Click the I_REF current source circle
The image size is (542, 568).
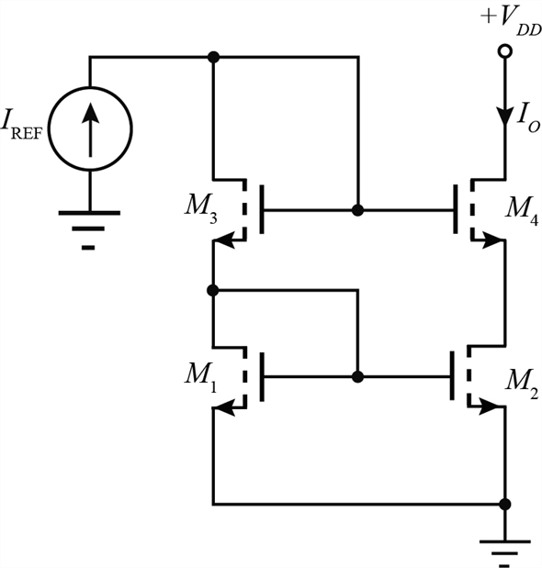49,129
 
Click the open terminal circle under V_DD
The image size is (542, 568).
504,51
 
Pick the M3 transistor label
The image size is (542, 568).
200,209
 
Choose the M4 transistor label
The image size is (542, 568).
522,210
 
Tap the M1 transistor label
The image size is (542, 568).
200,377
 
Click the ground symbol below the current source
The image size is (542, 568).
89,229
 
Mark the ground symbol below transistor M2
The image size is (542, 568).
504,552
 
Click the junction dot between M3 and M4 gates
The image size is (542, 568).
358,210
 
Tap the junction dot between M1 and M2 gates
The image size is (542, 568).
358,377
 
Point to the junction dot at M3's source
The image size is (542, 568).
213,290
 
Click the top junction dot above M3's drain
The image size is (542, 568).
213,57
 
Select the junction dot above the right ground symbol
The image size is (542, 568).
504,504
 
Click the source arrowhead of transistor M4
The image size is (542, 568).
493,240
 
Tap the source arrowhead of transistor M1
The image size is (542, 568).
224,408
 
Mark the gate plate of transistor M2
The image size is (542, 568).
452,375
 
